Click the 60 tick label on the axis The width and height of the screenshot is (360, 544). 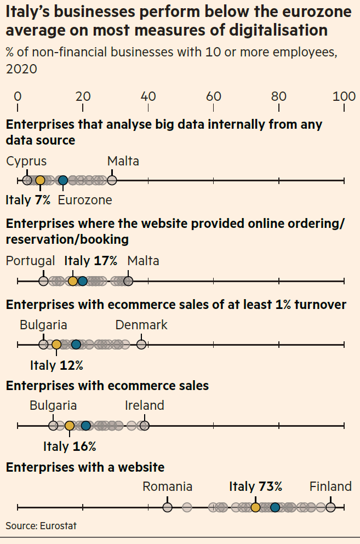point(213,96)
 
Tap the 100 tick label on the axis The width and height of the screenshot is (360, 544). point(344,96)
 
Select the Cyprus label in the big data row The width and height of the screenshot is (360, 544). point(26,161)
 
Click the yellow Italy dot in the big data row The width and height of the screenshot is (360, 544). point(40,180)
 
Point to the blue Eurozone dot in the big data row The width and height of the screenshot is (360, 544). point(63,180)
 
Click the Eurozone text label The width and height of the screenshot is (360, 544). point(84,200)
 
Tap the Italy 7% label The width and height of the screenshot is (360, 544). point(28,200)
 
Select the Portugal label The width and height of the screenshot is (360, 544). point(30,261)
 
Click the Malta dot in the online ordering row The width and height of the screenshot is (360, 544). point(128,281)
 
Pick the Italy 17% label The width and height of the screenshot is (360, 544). point(91,261)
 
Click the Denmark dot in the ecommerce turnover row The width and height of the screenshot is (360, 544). point(141,345)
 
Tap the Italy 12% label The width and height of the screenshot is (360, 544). point(56,365)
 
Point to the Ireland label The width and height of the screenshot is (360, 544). point(145,405)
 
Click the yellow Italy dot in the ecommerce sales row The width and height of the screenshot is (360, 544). point(70,426)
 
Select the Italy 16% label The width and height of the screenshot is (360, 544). point(70,446)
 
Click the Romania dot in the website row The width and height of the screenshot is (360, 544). point(168,507)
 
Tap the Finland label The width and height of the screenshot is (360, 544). point(330,486)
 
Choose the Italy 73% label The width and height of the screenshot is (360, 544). point(255,486)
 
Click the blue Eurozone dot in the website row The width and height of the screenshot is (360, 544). point(275,507)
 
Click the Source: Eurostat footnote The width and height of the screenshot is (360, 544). point(41,526)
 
